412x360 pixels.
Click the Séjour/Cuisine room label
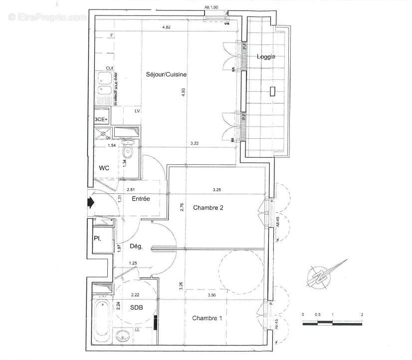click(166, 74)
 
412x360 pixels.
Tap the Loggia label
click(266, 57)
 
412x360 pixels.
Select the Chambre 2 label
click(207, 208)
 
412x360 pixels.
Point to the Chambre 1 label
click(207, 318)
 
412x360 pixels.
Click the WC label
click(104, 168)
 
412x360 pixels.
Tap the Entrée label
click(141, 199)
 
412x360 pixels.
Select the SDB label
click(137, 308)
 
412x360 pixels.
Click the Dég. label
click(137, 246)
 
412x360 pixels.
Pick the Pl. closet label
click(98, 238)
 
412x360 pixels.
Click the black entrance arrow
click(91, 202)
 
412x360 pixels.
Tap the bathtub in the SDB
click(102, 318)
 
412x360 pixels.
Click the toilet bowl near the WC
click(128, 152)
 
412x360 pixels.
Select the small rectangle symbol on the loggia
click(272, 91)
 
